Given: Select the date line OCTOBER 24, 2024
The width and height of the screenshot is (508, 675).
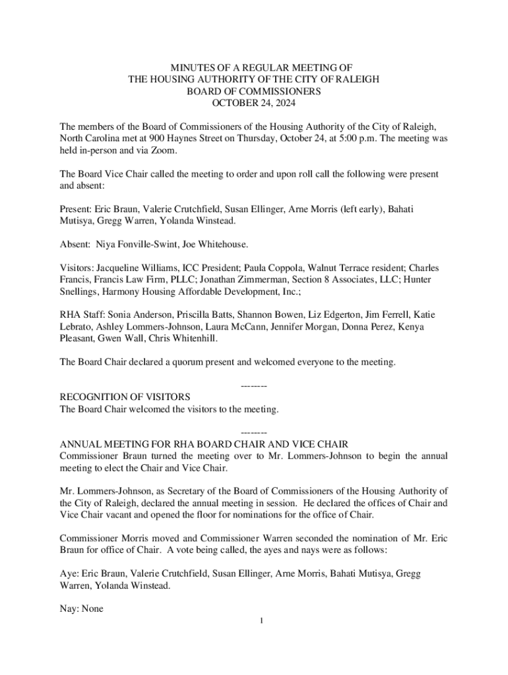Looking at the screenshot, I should [x=253, y=103].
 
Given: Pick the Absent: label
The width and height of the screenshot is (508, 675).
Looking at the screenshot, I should [x=75, y=244].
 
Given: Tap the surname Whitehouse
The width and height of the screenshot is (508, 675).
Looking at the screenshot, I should [x=222, y=244].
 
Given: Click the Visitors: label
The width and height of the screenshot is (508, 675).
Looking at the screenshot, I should [x=77, y=268].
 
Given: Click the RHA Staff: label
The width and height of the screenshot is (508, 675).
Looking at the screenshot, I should [x=82, y=315].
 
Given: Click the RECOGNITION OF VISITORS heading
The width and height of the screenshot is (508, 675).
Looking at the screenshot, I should [x=125, y=397].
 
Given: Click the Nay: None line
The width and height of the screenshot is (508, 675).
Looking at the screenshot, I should [x=81, y=609].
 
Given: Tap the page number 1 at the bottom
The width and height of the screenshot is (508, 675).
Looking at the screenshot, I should [x=261, y=620].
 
